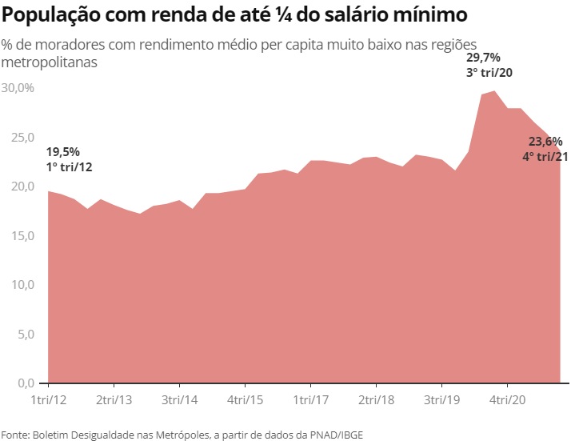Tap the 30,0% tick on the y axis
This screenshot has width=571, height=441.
click(18, 87)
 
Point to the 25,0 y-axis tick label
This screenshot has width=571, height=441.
click(18, 137)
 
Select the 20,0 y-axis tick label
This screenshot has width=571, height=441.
click(18, 186)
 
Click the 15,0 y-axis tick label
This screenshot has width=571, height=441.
click(18, 236)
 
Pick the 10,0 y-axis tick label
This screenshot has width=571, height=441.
click(18, 285)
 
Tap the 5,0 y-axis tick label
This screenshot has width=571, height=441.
click(21, 335)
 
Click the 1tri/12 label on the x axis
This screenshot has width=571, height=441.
click(48, 399)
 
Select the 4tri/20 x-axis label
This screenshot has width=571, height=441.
click(506, 399)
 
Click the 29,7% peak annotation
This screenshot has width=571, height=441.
click(483, 58)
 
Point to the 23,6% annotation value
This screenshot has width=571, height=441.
click(545, 142)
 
